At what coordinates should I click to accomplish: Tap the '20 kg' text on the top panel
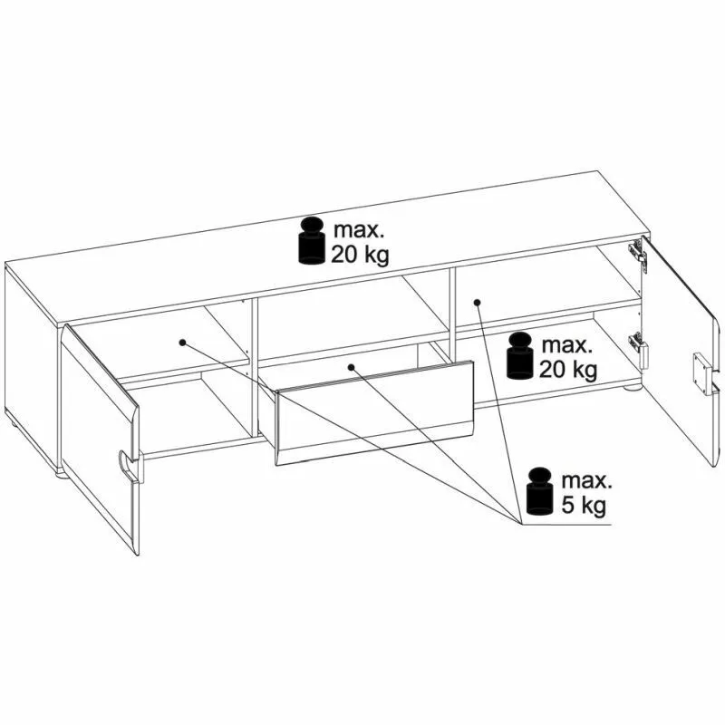(x=360, y=255)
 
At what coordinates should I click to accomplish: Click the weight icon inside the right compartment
(x=519, y=355)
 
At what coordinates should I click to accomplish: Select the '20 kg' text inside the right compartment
(x=568, y=370)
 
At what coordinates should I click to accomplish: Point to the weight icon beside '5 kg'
(x=540, y=491)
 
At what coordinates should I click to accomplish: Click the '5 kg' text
(x=584, y=506)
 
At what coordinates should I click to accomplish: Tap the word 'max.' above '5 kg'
(x=586, y=481)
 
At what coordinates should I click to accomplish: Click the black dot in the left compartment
(x=183, y=343)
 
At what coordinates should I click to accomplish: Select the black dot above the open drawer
(x=351, y=367)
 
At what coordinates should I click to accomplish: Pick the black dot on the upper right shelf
(x=478, y=303)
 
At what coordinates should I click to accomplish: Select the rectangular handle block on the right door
(x=701, y=373)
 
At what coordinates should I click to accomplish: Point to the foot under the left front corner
(x=62, y=473)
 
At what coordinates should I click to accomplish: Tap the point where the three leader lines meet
(x=522, y=525)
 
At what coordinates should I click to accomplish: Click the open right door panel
(x=678, y=352)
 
